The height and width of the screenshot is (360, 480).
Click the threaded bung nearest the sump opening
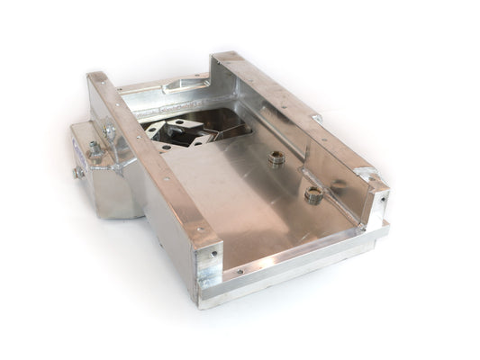pyautogui.click(x=277, y=158)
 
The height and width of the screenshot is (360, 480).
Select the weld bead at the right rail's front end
pyautogui.click(x=365, y=175)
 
